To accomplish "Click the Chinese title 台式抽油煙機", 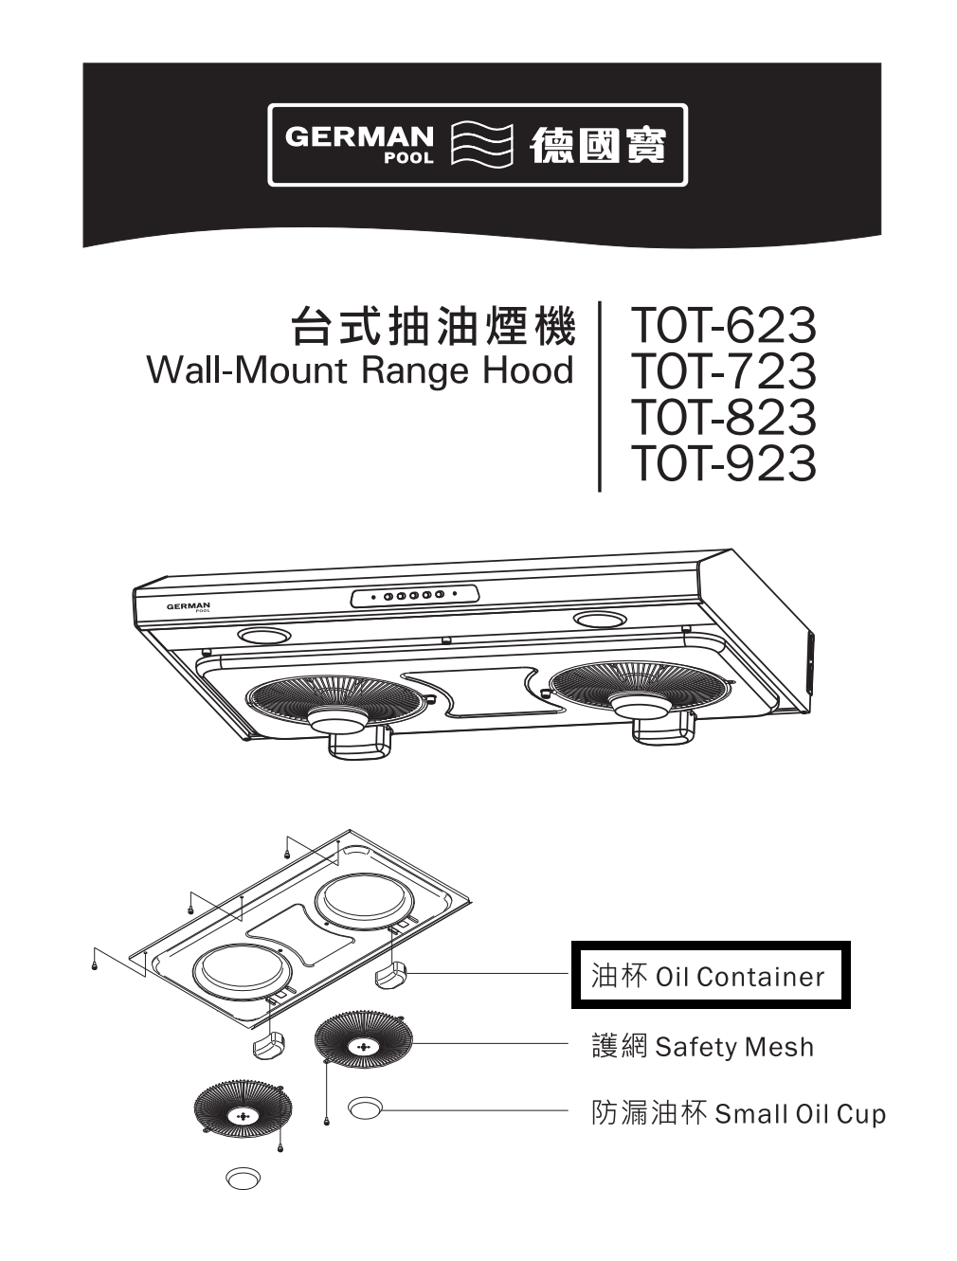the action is tap(432, 328).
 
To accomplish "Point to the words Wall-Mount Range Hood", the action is tap(360, 370).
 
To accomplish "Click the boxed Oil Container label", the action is tap(710, 976).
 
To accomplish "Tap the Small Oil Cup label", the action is tap(738, 1112).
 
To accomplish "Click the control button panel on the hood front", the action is tap(414, 596).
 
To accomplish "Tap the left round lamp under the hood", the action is tap(263, 636).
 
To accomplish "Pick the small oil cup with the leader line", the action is tap(365, 1108).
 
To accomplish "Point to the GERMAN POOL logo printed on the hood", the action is tap(188, 605).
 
